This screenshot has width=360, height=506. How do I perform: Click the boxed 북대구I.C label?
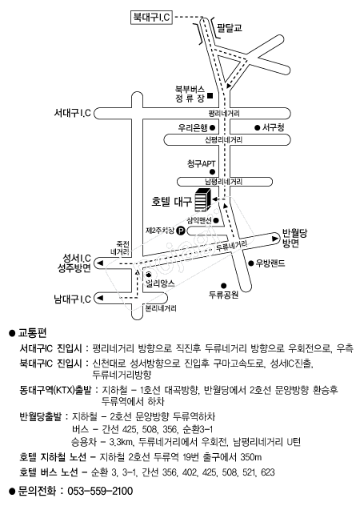[151, 17]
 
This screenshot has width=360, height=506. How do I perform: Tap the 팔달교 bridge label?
[230, 27]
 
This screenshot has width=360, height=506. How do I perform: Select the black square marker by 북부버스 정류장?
[210, 95]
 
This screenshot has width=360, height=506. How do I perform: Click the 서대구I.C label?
[72, 113]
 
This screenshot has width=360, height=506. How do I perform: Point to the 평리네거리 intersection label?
[224, 114]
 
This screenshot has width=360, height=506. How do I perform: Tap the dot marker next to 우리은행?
[212, 128]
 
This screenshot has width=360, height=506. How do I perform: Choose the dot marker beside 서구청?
[257, 128]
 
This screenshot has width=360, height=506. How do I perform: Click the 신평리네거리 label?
[224, 140]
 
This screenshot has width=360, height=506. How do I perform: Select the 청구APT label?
[202, 163]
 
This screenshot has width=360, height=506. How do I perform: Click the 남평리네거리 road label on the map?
[224, 182]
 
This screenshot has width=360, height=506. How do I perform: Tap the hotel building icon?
[203, 199]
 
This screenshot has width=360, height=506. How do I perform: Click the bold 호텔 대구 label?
[172, 202]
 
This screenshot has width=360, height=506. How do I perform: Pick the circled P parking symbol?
[181, 231]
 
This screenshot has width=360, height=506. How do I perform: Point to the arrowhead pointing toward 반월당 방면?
[275, 239]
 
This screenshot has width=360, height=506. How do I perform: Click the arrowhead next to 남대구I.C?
[100, 298]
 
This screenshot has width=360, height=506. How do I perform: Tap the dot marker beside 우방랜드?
[251, 263]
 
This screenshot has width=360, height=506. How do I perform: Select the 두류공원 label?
[223, 295]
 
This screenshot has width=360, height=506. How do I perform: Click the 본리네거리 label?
[161, 308]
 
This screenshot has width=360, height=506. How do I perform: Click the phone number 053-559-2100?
[100, 491]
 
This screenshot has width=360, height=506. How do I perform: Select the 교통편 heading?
[33, 332]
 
